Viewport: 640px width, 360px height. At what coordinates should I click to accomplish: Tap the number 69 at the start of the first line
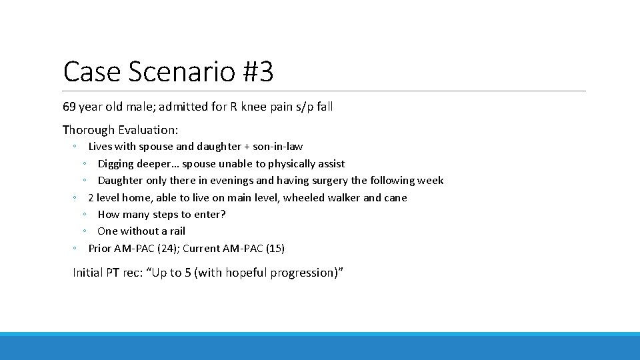tap(69, 107)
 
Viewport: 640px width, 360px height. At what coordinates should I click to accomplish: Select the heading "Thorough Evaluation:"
tap(120, 130)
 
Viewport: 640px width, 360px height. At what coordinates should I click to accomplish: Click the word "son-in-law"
tap(276, 147)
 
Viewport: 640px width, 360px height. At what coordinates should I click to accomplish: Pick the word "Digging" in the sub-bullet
tap(115, 164)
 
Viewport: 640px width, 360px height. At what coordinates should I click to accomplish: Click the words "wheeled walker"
tap(325, 198)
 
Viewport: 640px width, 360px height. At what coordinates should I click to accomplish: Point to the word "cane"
tap(395, 198)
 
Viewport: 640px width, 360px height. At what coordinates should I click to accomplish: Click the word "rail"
tap(177, 231)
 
